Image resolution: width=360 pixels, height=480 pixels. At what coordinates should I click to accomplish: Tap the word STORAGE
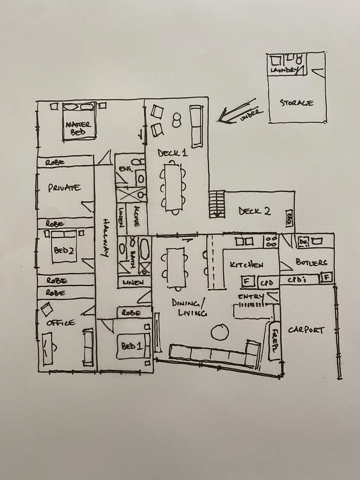296,103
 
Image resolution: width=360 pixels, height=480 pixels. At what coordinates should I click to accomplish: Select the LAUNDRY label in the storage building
283,70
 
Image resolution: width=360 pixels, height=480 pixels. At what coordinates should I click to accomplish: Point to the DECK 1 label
172,153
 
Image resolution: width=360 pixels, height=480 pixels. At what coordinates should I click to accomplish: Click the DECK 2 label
254,211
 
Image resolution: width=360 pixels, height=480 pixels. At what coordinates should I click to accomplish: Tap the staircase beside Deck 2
217,204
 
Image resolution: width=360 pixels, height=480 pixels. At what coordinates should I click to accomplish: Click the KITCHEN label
246,265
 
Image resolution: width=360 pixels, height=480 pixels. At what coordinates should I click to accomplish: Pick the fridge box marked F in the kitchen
247,282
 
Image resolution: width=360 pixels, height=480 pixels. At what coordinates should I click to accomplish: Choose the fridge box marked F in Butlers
326,278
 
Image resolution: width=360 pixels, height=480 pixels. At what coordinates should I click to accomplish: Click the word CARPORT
306,330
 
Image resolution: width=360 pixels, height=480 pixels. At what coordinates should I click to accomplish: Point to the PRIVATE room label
64,188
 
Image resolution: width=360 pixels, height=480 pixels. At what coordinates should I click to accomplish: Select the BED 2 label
64,250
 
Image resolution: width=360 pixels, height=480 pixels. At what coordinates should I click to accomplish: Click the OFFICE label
61,323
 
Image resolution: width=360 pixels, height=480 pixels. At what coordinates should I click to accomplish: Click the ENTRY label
251,296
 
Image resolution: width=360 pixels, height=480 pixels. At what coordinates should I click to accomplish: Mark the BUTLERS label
311,263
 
